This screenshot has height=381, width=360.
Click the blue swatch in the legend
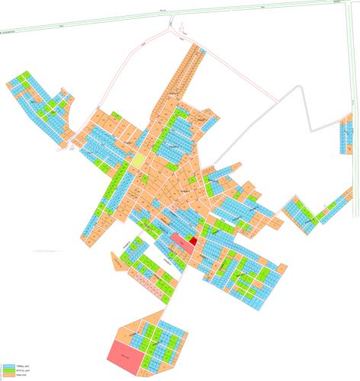tap(8, 367)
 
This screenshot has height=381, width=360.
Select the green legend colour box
tap(8, 371)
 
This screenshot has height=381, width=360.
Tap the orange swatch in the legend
tap(8, 376)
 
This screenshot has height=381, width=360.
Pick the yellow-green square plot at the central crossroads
tap(137, 162)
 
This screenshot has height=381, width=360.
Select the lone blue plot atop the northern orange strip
tap(203, 48)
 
